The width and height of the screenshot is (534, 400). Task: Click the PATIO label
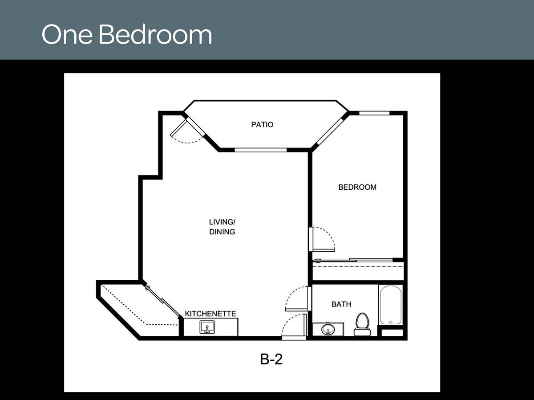point(262,125)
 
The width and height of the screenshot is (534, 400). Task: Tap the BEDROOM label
point(357,187)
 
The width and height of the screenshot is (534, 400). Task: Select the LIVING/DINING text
point(222,227)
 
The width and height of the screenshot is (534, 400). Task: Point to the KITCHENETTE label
point(210,314)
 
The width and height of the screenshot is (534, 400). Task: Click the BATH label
point(341,304)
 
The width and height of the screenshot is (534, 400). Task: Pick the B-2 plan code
point(271,359)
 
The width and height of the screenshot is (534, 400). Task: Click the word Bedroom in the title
point(155,35)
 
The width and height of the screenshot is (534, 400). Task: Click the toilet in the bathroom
point(362,324)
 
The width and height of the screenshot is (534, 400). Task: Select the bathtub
point(391,305)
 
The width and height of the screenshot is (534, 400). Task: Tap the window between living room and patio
point(260,150)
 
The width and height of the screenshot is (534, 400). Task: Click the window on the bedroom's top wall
point(374,113)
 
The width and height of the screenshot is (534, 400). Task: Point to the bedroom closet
point(358,270)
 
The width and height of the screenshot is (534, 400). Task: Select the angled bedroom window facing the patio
point(330,131)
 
